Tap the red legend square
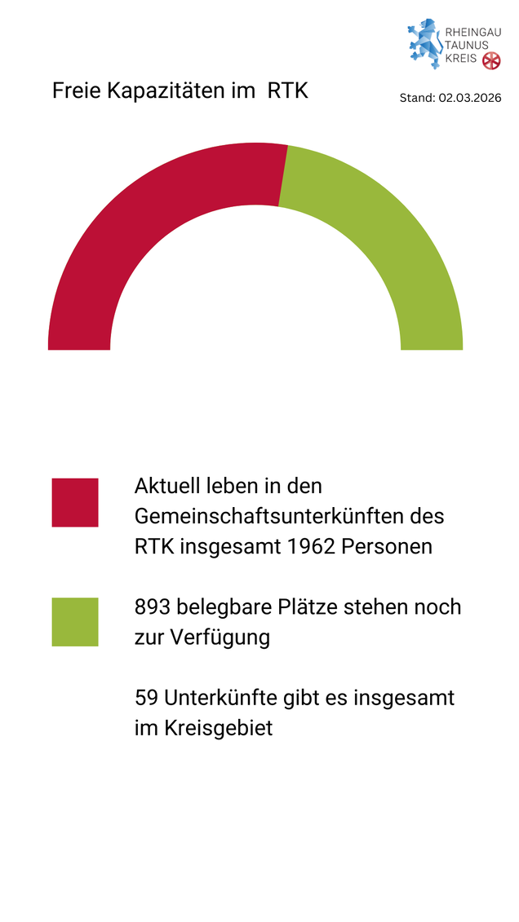75,502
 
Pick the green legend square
75,622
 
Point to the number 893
153,607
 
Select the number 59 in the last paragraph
146,699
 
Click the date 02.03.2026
469,98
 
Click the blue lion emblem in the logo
424,43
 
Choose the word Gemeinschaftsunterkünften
271,517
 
